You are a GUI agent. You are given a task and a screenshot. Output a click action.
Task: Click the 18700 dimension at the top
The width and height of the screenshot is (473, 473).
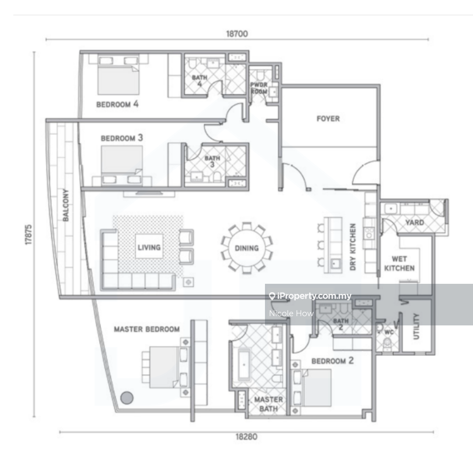[x=237, y=34]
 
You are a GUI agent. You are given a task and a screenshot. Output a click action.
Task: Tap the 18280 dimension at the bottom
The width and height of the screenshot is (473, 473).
[x=247, y=437]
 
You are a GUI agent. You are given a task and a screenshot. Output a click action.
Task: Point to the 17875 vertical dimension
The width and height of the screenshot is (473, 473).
[x=28, y=235]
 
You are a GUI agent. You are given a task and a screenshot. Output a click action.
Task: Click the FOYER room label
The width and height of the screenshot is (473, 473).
[x=328, y=119]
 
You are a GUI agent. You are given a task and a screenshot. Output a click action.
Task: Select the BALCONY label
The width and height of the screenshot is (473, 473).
[x=65, y=205]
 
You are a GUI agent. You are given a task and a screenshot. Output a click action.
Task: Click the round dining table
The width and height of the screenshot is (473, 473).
[x=247, y=248]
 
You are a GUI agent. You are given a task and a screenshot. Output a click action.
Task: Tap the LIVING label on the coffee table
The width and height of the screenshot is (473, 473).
[x=149, y=247]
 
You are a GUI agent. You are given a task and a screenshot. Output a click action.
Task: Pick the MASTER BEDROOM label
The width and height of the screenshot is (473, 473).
[x=147, y=329]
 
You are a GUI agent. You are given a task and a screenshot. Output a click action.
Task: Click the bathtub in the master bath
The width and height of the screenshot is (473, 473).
[x=244, y=364]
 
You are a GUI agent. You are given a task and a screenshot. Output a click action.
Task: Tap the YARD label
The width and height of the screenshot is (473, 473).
[x=415, y=222]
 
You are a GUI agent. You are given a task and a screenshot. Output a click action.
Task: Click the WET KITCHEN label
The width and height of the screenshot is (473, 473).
[x=399, y=264]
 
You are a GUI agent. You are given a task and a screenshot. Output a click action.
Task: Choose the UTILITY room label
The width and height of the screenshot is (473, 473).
[x=417, y=326]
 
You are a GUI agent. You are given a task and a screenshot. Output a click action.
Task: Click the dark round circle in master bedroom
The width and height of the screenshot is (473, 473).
[x=127, y=398]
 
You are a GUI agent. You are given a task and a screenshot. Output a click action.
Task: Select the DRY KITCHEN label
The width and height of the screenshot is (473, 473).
[x=353, y=247]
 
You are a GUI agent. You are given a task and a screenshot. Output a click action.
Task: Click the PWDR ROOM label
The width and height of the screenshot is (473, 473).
[x=259, y=88]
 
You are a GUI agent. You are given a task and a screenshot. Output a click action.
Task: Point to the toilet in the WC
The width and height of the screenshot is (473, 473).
[x=387, y=344]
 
